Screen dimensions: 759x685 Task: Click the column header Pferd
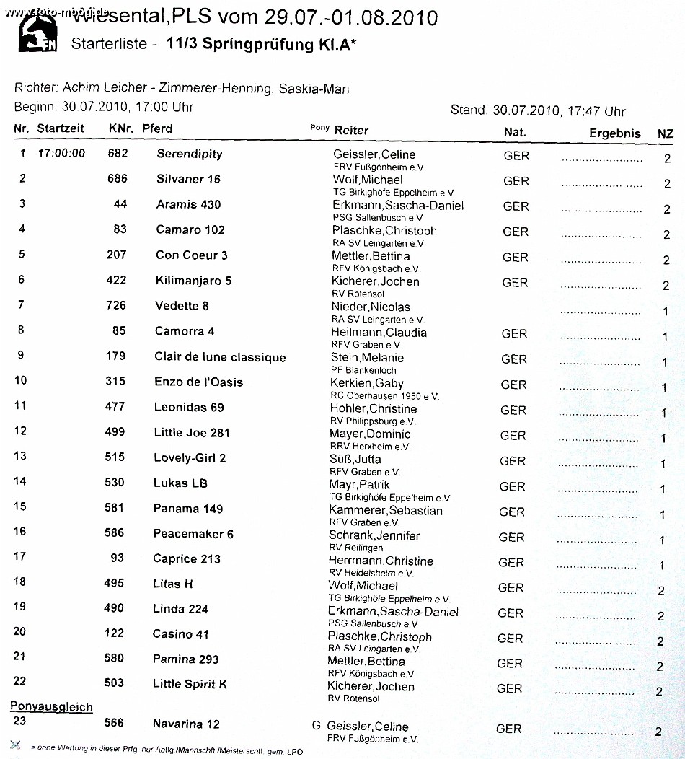[157, 128]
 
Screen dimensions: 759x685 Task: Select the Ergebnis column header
[614, 133]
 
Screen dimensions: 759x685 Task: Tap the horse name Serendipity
[189, 154]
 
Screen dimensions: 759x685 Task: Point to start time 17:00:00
[61, 153]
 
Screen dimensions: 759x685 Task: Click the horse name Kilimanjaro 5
[193, 280]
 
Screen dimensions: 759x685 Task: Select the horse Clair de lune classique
[220, 357]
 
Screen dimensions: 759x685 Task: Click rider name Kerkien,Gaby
[366, 383]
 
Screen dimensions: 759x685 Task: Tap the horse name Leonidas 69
[189, 407]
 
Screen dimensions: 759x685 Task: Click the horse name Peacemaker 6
[193, 534]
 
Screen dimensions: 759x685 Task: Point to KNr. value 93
[117, 558]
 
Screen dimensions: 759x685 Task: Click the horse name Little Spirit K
[190, 683]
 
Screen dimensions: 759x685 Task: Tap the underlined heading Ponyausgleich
[51, 706]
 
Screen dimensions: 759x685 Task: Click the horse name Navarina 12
[186, 724]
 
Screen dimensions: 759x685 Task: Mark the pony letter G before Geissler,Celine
[316, 725]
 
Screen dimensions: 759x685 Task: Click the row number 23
[19, 720]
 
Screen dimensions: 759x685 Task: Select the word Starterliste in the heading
[110, 44]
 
